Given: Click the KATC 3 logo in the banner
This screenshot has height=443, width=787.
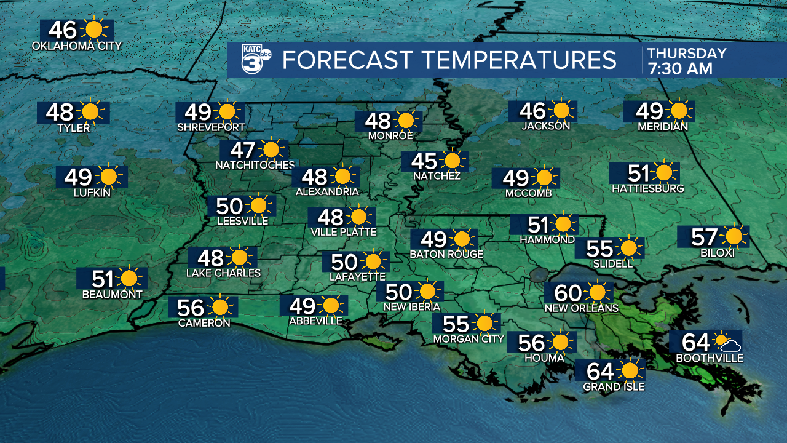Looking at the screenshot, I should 253,60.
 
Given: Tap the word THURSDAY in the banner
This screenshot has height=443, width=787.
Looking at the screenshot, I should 686,54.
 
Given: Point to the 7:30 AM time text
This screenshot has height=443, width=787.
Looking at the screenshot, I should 679,68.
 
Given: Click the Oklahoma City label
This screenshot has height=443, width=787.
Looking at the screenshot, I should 77,46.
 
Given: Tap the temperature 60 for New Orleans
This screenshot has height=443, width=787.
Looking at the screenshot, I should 568,292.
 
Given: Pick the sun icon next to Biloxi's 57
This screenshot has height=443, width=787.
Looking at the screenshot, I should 733,236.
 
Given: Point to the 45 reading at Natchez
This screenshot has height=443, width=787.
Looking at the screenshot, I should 424,161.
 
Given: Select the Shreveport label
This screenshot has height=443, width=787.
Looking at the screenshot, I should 211,127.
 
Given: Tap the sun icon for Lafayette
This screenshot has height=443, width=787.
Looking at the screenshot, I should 373,261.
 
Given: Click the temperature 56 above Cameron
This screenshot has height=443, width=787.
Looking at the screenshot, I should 191,306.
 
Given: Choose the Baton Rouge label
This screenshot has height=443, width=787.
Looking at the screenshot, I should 446,254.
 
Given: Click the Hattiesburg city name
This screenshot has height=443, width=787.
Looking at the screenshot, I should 647,188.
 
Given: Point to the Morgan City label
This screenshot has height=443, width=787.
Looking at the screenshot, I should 469,338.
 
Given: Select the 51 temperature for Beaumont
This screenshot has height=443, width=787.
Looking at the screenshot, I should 103,279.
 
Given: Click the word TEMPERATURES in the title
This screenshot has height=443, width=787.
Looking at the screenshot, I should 519,60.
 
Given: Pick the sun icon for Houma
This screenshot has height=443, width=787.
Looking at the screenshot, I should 560,342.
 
